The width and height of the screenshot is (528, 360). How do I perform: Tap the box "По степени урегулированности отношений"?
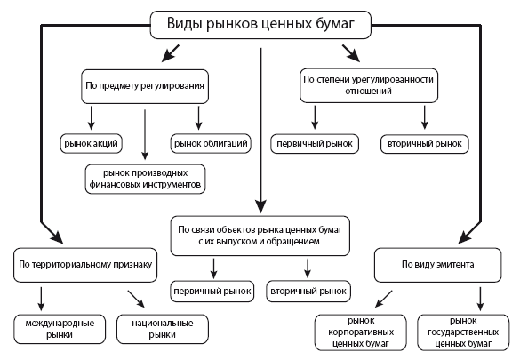click(367, 85)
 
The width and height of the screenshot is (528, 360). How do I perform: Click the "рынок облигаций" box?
click(210, 143)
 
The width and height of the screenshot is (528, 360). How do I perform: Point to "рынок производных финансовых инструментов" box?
click(146, 178)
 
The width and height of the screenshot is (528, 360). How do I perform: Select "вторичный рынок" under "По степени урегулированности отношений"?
click(424, 143)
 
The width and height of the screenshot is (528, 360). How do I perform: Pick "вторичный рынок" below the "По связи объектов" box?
click(308, 291)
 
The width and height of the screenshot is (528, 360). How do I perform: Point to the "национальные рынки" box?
click(148, 328)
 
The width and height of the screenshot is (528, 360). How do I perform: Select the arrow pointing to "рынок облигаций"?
click(198, 118)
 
